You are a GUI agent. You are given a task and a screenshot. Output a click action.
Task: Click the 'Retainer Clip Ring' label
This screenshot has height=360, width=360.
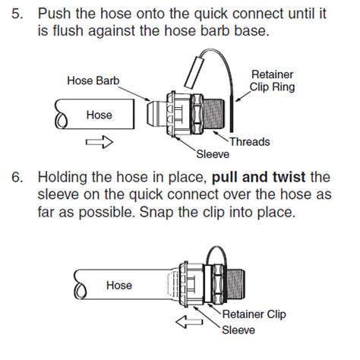coord(272,80)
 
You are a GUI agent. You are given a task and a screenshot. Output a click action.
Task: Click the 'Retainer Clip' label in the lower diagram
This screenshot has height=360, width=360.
coord(255,314)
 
